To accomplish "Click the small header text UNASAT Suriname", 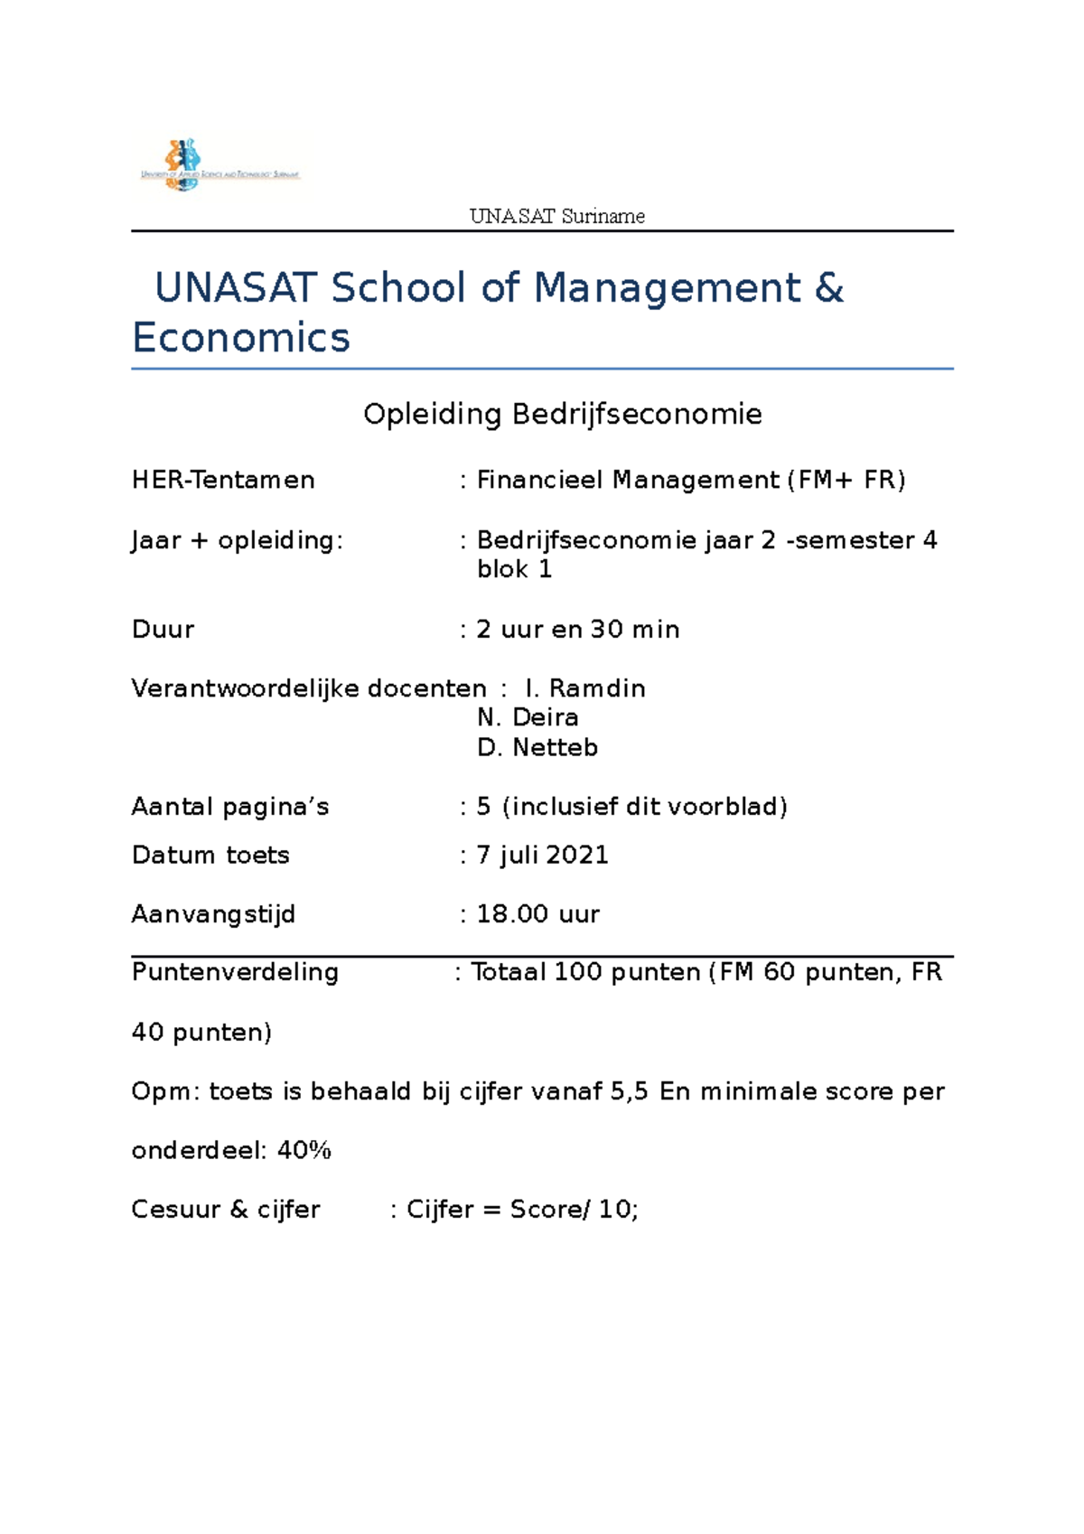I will pos(556,217).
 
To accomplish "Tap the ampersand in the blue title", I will pos(828,288).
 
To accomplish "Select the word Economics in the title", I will pos(240,338).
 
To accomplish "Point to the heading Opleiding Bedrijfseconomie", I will pos(562,415).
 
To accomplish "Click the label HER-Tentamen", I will pos(223,480).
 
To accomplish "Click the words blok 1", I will pos(514,569).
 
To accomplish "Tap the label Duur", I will pos(163,630).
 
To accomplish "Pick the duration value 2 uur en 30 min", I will pos(577,630).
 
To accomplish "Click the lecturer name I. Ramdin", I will pos(584,688).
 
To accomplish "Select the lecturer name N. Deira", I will pos(528,717).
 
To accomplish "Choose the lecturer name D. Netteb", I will pos(537,748).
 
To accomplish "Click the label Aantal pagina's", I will pos(230,807).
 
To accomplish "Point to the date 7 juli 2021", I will pos(542,855).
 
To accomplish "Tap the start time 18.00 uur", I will pos(537,914).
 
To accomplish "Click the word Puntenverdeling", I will pos(235,972).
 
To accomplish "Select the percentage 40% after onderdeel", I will pos(304,1151).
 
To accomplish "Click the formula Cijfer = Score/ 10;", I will pos(522,1210).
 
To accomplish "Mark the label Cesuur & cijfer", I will pos(226,1210).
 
